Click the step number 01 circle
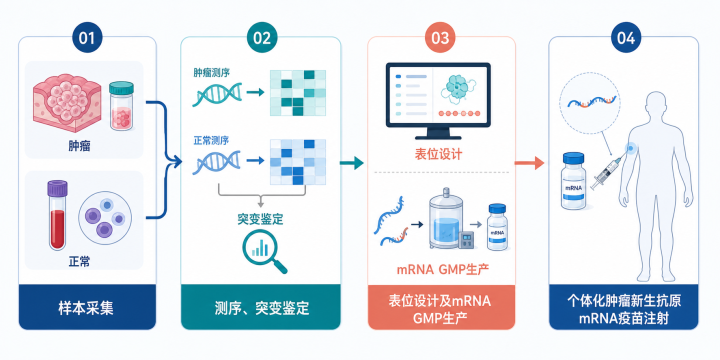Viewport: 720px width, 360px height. (87, 38)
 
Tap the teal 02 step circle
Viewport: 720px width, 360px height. (261, 38)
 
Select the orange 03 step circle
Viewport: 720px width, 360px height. (440, 38)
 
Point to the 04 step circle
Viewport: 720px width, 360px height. (625, 38)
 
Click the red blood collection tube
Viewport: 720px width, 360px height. (57, 215)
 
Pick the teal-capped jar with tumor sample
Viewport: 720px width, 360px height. (121, 106)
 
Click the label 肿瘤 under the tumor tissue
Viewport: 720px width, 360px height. (79, 146)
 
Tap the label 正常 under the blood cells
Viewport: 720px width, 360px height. (79, 262)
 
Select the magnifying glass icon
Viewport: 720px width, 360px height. (264, 251)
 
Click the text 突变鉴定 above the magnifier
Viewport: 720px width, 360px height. (260, 219)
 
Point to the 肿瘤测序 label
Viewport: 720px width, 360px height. (211, 73)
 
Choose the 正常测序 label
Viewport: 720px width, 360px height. (211, 141)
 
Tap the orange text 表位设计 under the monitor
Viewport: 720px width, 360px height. (438, 154)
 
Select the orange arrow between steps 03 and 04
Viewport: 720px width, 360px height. (529, 163)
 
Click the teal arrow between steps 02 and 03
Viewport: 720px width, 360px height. (351, 163)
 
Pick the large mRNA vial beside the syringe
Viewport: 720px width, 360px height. (574, 181)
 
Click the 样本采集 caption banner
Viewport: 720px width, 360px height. (86, 308)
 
